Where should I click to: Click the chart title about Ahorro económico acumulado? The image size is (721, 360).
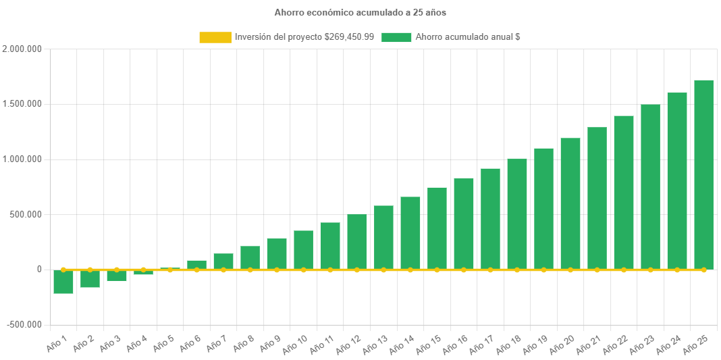360,12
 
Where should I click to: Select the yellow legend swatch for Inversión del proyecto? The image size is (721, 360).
215,37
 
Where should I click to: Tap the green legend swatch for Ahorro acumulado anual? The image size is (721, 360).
396,37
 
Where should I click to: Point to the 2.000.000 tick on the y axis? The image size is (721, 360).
22,49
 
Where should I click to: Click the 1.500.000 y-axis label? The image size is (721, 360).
22,104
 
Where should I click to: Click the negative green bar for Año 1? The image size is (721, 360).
63,282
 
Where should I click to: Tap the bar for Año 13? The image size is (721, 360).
383,237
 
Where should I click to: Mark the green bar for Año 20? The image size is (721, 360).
570,203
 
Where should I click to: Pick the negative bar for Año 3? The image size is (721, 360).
117,276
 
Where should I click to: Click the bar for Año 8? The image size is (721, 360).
250,257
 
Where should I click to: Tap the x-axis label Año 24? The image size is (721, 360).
668,344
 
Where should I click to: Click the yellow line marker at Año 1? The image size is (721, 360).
63,269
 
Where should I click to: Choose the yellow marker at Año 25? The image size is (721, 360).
703,269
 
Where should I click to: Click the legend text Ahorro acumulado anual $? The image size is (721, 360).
467,37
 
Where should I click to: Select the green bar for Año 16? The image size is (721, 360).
464,224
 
